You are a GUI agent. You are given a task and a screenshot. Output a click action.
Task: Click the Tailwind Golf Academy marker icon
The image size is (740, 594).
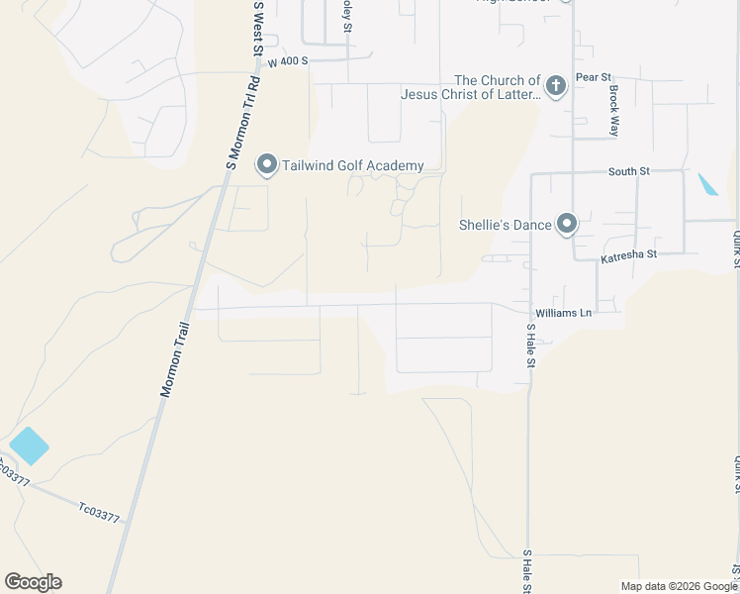266,165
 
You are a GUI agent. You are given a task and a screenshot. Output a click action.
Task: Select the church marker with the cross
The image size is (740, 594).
556,86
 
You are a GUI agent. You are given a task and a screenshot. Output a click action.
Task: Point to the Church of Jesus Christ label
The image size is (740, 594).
470,88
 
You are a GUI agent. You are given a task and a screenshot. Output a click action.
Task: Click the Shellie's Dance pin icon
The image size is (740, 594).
567,225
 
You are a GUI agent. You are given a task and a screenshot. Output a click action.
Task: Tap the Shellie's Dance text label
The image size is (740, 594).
505,225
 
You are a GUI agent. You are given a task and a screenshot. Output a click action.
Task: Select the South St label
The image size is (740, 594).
628,171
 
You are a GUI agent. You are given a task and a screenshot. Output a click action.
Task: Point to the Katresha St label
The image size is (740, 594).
628,258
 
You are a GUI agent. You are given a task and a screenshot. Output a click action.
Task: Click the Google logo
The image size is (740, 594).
33,582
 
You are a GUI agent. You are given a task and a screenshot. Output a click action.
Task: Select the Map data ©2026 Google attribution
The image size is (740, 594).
679,586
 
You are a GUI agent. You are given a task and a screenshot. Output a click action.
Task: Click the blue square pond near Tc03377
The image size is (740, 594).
28,445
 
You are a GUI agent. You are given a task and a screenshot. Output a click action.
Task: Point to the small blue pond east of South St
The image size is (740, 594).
708,185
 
